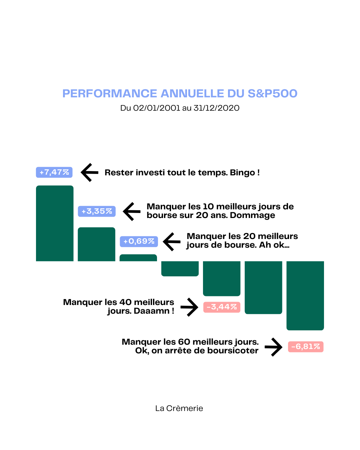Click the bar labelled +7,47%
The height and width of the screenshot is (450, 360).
[55, 223]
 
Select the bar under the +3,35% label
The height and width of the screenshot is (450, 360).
[96, 244]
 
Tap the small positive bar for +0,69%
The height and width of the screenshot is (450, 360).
[138, 258]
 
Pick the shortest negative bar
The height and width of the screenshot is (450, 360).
[180, 269]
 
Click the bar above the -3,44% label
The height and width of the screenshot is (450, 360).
[222, 279]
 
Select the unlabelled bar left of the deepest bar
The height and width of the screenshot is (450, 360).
[263, 287]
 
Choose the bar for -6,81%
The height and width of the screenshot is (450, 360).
[305, 296]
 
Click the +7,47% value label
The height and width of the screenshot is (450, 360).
[54, 172]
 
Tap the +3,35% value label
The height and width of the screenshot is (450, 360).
[97, 211]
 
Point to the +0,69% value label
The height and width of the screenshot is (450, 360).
[139, 241]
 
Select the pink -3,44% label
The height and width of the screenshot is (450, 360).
[222, 307]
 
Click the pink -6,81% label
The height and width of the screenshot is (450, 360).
[306, 347]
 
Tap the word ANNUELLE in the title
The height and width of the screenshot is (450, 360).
[192, 94]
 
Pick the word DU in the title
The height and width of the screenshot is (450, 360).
[236, 94]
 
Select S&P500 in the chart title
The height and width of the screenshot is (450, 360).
[272, 94]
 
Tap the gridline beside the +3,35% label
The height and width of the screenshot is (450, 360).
[213, 211]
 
